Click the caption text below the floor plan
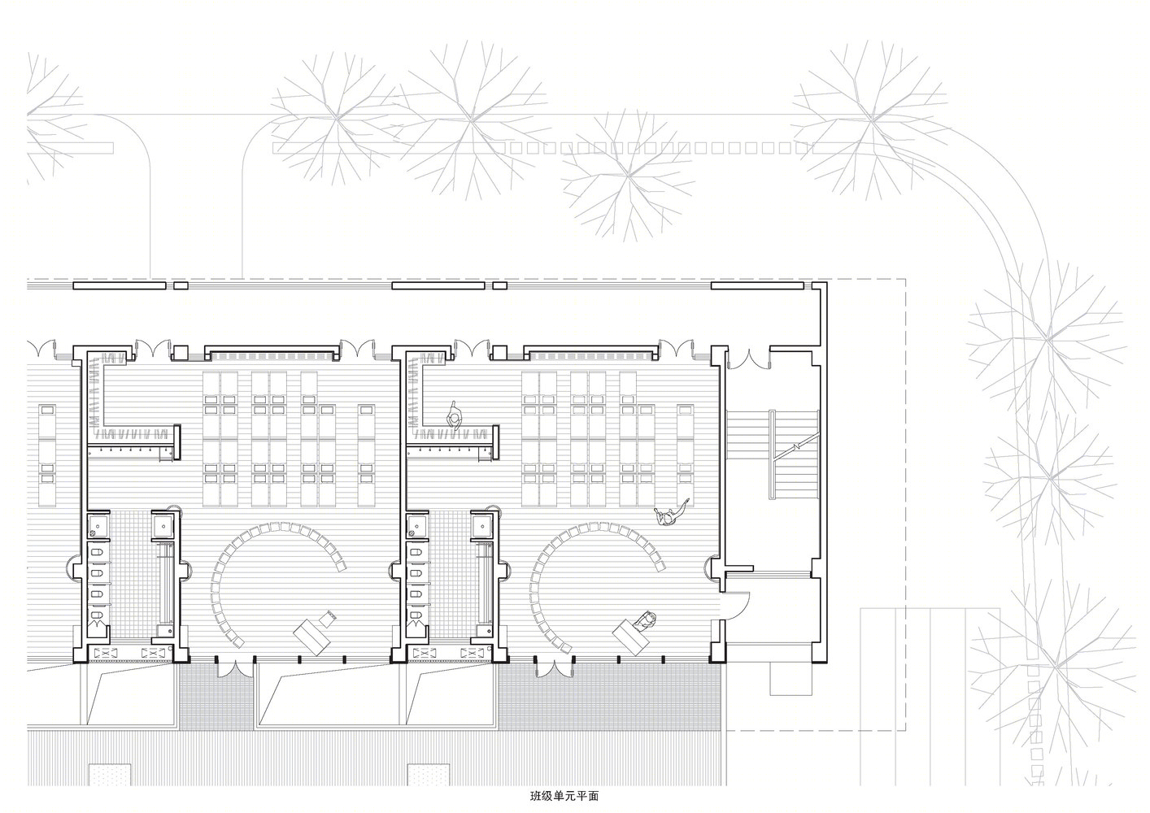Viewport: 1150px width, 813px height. click(564, 797)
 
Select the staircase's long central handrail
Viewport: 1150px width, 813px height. click(772, 454)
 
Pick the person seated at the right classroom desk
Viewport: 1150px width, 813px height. click(645, 620)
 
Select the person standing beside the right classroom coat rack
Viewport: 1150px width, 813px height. click(454, 414)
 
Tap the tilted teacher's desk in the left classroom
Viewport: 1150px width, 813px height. click(312, 637)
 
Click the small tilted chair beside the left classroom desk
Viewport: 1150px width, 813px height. click(327, 617)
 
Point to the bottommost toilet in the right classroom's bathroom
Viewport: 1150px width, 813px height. click(416, 615)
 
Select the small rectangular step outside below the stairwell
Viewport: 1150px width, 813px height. click(791, 680)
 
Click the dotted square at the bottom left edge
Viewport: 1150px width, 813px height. click(110, 775)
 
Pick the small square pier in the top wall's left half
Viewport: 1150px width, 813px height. click(181, 285)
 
